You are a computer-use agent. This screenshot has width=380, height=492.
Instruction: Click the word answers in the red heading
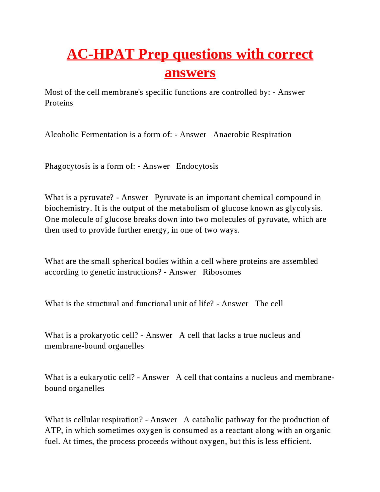click(x=190, y=72)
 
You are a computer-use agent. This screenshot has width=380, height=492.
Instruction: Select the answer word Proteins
click(x=59, y=103)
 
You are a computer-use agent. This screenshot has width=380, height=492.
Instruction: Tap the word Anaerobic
click(x=231, y=135)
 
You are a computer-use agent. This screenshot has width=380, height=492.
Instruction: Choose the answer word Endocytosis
click(x=197, y=166)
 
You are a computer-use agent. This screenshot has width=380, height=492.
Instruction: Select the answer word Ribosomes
click(x=221, y=272)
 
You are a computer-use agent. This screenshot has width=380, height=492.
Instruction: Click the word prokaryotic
click(x=99, y=335)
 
